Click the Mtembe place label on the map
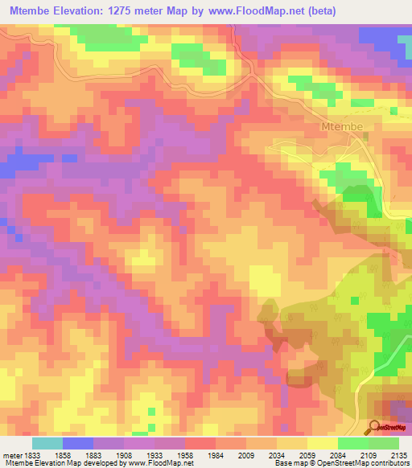[343, 127]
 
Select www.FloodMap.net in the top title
[252, 11]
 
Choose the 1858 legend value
[62, 454]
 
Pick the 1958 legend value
[186, 454]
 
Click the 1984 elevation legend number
[217, 454]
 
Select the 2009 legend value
[248, 454]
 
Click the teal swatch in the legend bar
[47, 443]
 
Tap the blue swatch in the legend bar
[78, 443]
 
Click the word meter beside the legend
[11, 454]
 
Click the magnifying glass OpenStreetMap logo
[374, 426]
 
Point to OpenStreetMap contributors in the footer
[369, 463]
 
